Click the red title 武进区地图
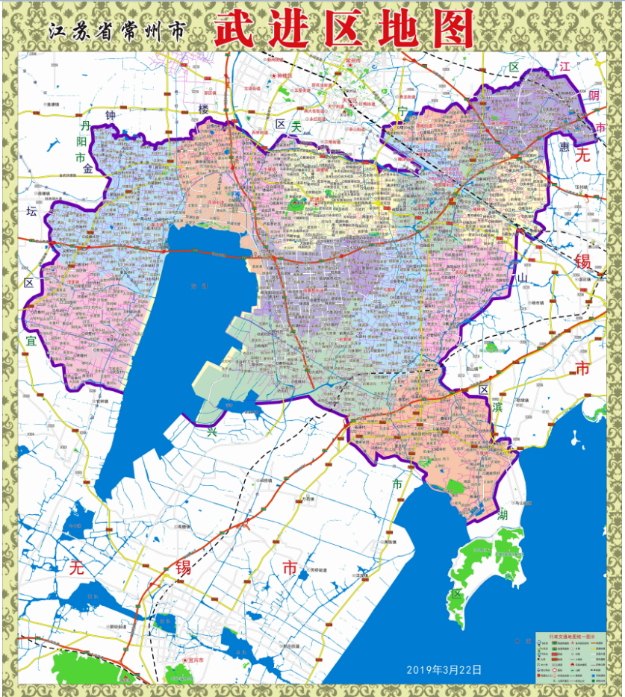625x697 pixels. pyautogui.click(x=344, y=31)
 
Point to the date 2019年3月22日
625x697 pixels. pyautogui.click(x=444, y=669)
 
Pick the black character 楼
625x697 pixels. pyautogui.click(x=205, y=110)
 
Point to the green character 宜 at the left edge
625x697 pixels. pyautogui.click(x=31, y=340)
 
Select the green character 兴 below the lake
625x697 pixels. pyautogui.click(x=211, y=431)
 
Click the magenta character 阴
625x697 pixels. pyautogui.click(x=594, y=95)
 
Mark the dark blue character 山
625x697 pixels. pyautogui.click(x=523, y=277)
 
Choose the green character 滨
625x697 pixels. pyautogui.click(x=497, y=407)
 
